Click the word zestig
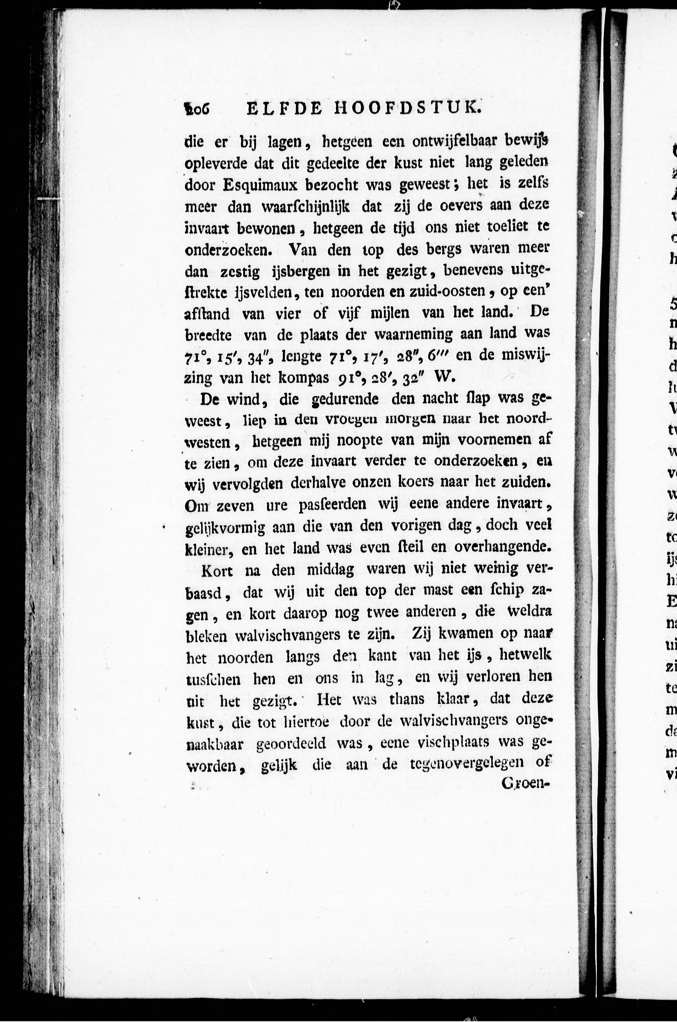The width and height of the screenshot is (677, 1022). tap(240, 272)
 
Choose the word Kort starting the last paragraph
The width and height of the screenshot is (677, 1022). tap(217, 571)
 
